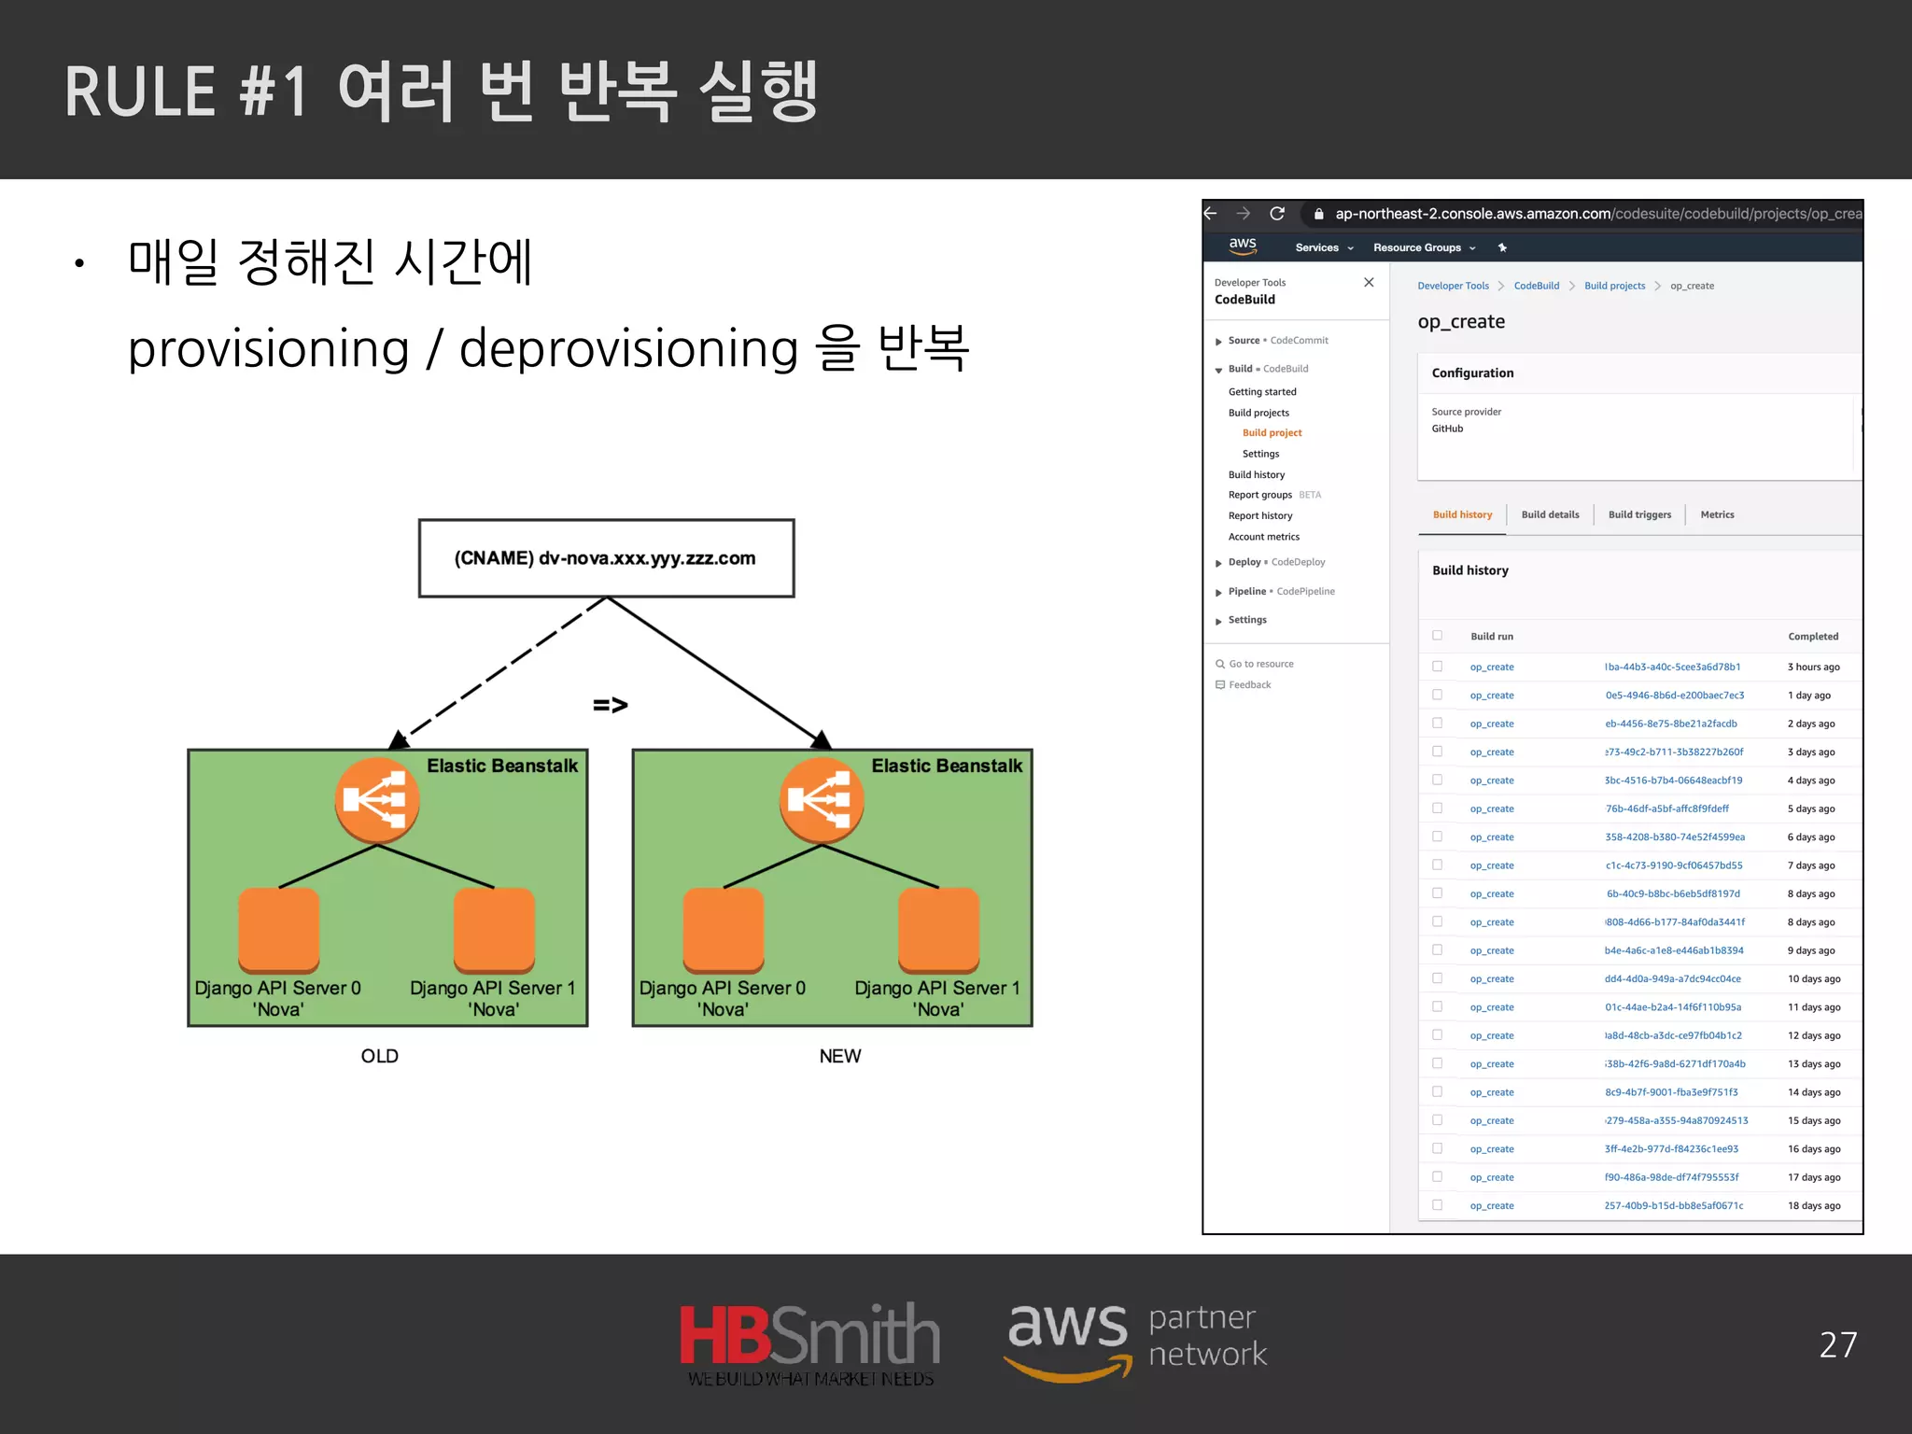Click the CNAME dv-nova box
coord(606,558)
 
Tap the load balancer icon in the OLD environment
coord(376,799)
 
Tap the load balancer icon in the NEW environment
coord(821,799)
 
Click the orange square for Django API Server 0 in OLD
coord(278,930)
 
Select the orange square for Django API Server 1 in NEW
coord(938,930)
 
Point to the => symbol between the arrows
coord(611,705)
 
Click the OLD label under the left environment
coord(379,1056)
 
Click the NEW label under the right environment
coord(839,1056)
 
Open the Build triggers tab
coord(1639,514)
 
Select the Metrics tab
coord(1717,514)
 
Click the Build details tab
coord(1550,514)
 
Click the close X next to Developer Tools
coord(1369,282)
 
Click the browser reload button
coord(1277,214)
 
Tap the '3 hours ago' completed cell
coord(1813,667)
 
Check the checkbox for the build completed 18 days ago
coord(1438,1205)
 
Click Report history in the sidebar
coord(1260,515)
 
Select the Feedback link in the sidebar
coord(1249,684)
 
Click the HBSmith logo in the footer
coord(809,1343)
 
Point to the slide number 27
coord(1837,1344)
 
